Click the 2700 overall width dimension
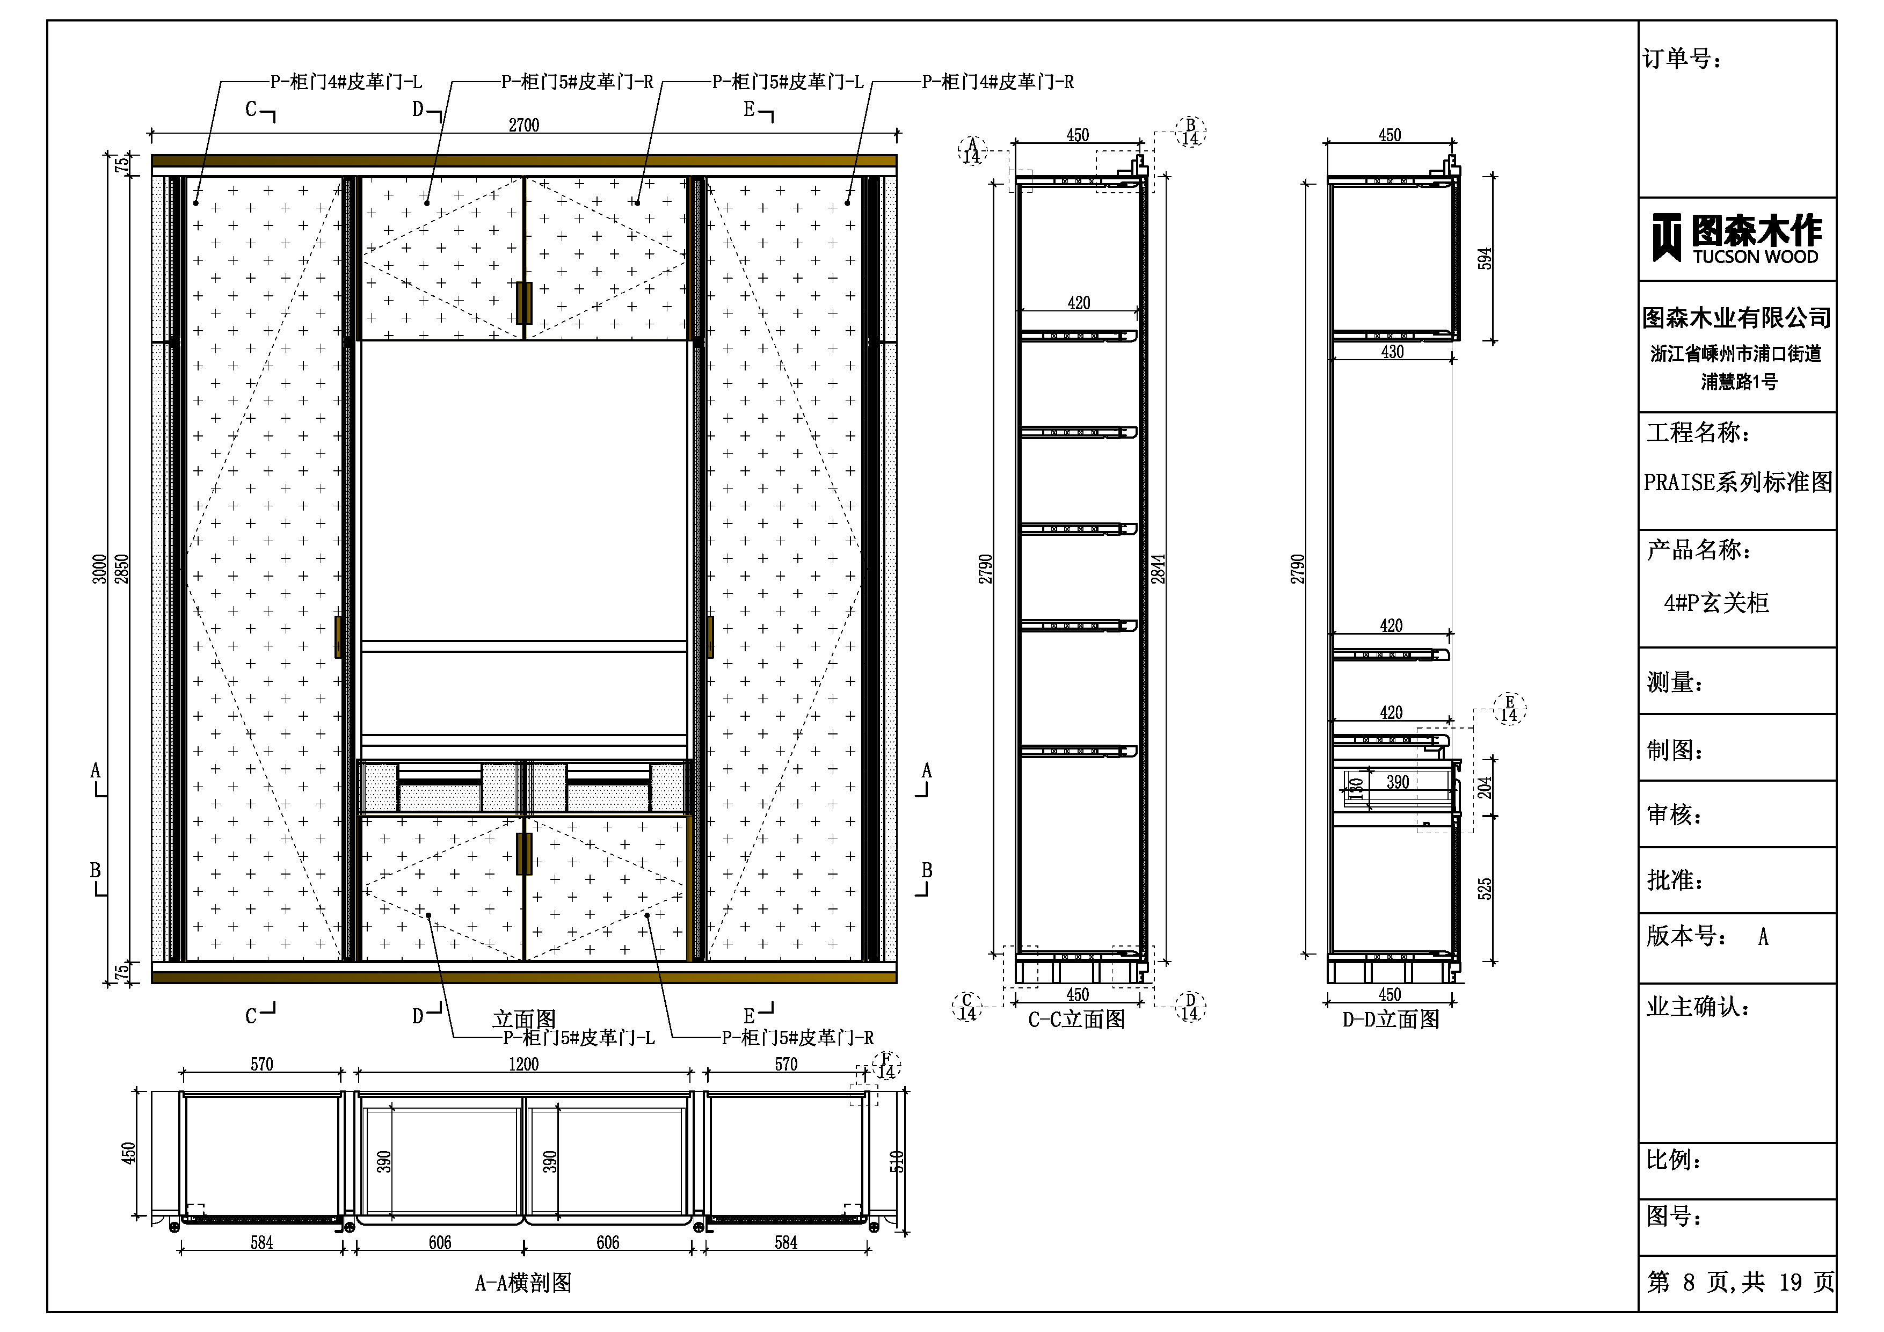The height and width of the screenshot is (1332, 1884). [523, 125]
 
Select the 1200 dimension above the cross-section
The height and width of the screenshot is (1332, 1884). [523, 1065]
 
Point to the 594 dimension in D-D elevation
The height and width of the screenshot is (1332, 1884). [1485, 259]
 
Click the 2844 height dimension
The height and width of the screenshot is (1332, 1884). [1157, 569]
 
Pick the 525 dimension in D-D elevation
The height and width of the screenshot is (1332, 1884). [1485, 889]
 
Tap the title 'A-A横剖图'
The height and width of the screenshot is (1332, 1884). [523, 1283]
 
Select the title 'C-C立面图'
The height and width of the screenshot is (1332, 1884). [1076, 1020]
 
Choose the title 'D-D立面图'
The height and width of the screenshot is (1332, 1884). [1391, 1020]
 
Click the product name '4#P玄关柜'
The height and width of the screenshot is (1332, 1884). [1716, 603]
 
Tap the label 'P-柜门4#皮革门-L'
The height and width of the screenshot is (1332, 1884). [346, 82]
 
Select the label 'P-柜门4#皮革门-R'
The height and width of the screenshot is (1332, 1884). [998, 82]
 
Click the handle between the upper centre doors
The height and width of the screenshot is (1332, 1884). [523, 303]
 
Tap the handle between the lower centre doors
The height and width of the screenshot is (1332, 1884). [523, 854]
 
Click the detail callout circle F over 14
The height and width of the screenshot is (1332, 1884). [886, 1065]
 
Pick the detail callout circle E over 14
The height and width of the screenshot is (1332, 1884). [1509, 708]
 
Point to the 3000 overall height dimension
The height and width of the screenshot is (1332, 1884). [99, 569]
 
